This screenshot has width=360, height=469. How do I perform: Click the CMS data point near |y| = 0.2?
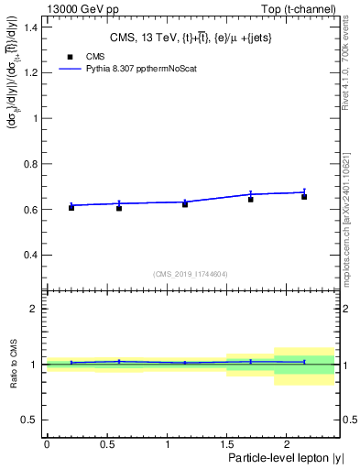pyautogui.click(x=71, y=207)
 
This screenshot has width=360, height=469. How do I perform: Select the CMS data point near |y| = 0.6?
pyautogui.click(x=119, y=208)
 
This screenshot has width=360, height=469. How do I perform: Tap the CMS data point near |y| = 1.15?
pyautogui.click(x=185, y=203)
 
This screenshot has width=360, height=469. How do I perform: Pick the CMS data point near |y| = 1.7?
pyautogui.click(x=251, y=199)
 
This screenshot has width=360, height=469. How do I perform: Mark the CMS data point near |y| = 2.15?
pyautogui.click(x=304, y=196)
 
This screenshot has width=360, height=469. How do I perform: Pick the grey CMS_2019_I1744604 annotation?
pyautogui.click(x=191, y=274)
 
